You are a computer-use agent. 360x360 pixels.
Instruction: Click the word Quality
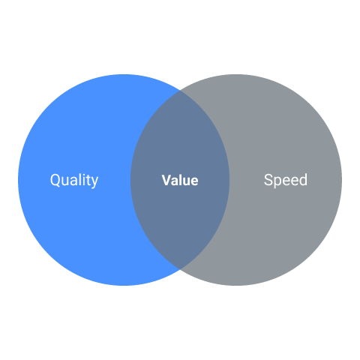tap(74, 180)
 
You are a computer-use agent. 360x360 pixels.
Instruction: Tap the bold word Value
tap(180, 180)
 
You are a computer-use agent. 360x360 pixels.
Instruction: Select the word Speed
tap(286, 180)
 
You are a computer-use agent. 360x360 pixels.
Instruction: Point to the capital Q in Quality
tap(55, 180)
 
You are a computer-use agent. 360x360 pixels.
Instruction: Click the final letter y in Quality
tap(94, 182)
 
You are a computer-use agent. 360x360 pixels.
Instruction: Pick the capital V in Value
tap(166, 180)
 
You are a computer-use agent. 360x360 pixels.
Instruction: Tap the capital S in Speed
tap(268, 180)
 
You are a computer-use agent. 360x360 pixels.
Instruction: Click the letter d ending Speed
tap(303, 180)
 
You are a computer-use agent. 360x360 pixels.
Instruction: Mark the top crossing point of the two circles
tap(180, 91)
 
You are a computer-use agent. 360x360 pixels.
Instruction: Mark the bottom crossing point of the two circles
tap(180, 269)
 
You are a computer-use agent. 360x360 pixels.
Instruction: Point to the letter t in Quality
tap(88, 181)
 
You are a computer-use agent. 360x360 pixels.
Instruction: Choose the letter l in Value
tap(180, 180)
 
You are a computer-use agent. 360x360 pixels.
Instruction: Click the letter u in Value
tap(186, 181)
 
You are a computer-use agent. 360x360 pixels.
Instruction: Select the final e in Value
tap(194, 181)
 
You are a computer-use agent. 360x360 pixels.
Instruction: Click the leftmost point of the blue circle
tap(18, 180)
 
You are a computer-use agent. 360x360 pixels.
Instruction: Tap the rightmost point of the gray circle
tap(342, 180)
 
